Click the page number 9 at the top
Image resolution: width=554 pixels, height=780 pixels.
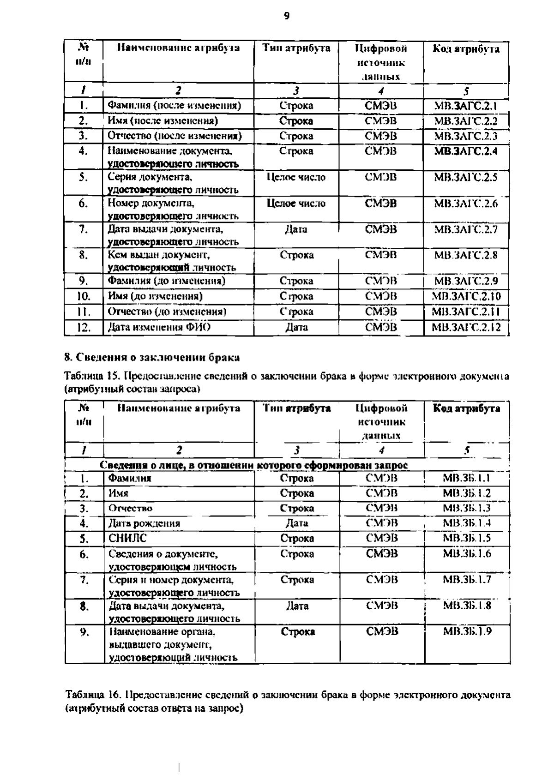pos(286,16)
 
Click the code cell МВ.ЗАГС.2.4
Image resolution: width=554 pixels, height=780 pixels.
pos(466,151)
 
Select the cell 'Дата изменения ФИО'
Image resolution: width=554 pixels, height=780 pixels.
pos(159,327)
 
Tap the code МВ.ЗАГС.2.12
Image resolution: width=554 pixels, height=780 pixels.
pos(466,327)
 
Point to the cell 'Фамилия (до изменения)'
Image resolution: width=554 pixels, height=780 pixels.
pos(166,281)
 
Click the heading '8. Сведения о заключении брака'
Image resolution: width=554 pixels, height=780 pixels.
pos(152,357)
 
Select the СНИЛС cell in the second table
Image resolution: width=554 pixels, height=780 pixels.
pos(127,538)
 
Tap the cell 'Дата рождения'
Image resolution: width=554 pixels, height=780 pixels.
pos(144,523)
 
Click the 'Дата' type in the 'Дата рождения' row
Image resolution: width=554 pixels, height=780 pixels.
pos(297,523)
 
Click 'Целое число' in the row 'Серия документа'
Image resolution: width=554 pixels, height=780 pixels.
pos(296,177)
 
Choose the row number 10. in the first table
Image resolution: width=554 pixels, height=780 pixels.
pos(84,296)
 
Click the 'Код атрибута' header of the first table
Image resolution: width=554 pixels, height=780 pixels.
pos(466,49)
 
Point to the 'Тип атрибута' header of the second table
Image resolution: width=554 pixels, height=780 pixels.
pos(297,408)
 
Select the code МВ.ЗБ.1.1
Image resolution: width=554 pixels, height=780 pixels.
pos(467,478)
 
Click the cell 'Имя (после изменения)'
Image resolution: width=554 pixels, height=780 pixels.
pos(163,121)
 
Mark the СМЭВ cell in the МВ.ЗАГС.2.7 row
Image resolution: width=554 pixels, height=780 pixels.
pos(381,229)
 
